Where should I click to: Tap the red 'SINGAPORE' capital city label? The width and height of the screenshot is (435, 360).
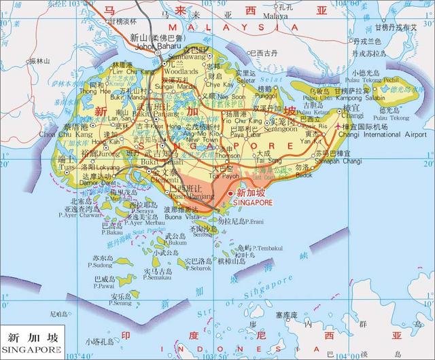(x=252, y=202)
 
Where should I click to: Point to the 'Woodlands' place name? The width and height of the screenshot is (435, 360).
(x=180, y=70)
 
